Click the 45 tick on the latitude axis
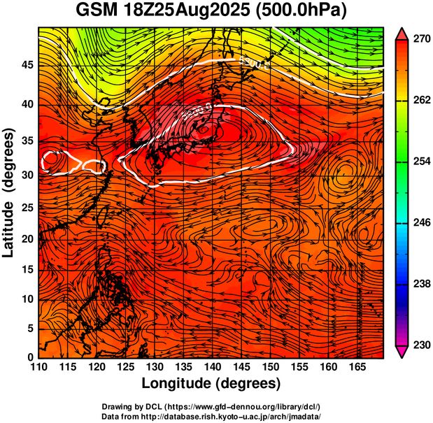coord(27,65)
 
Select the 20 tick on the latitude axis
coord(27,238)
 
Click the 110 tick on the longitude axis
coord(38,366)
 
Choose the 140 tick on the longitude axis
coord(211,366)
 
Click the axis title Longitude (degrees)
coord(211,383)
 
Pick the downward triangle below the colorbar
coord(402,352)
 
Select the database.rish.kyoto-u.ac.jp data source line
coord(211,416)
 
